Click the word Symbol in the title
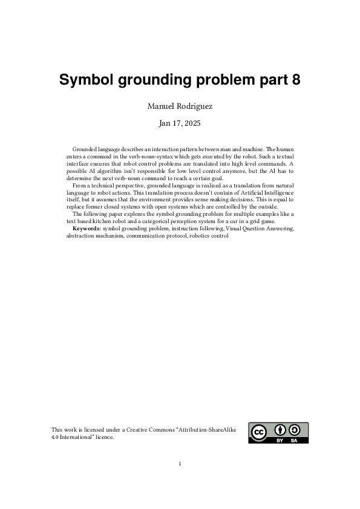point(85,81)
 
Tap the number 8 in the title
point(296,81)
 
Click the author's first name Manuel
point(162,106)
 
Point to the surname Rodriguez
point(194,106)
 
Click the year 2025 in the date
point(192,123)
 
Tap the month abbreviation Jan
point(165,123)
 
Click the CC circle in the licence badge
point(259,433)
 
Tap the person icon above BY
point(280,430)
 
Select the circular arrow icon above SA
point(295,430)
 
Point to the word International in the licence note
point(76,436)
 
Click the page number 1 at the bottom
point(180,464)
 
